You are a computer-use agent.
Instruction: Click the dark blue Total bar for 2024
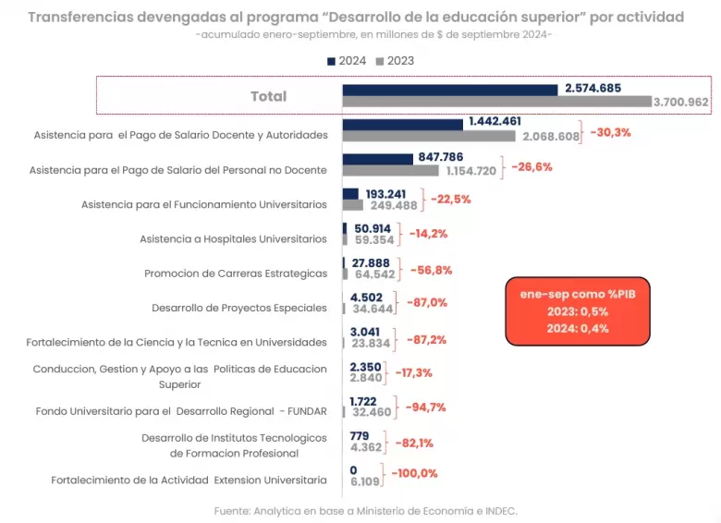[x=450, y=90]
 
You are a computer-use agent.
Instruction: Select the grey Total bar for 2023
[x=497, y=102]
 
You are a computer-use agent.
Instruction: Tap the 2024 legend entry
[x=347, y=61]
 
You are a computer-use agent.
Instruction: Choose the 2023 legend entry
[x=395, y=61]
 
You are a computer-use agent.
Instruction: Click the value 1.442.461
[x=495, y=121]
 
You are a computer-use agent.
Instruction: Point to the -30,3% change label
[x=610, y=133]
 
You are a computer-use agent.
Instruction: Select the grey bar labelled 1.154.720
[x=390, y=171]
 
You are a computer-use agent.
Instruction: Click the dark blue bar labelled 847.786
[x=377, y=160]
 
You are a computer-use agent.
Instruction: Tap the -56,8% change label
[x=431, y=270]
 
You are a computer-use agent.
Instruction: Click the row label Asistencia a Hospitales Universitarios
[x=233, y=239]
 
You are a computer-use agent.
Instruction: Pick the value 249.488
[x=394, y=205]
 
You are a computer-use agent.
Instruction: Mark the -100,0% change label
[x=414, y=473]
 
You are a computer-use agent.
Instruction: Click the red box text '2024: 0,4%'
[x=578, y=329]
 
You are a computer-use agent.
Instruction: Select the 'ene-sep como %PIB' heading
[x=578, y=294]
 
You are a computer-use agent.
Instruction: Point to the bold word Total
[x=269, y=96]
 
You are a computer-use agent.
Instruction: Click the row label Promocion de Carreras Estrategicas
[x=236, y=274]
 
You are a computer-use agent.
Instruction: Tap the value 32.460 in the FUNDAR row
[x=372, y=412]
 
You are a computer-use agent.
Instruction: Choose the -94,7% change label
[x=425, y=407]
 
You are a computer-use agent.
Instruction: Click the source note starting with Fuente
[x=365, y=511]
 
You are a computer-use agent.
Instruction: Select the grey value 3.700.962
[x=681, y=102]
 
